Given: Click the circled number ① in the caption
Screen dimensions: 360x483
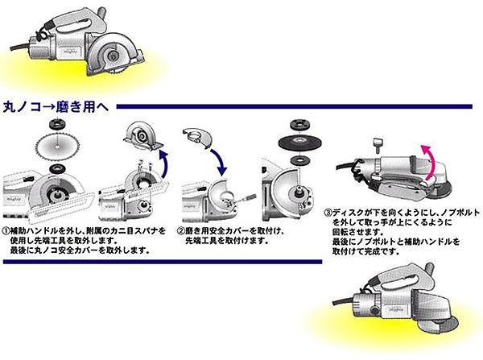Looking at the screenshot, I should [6, 232].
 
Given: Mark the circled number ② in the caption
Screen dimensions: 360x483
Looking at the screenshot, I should [181, 231].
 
